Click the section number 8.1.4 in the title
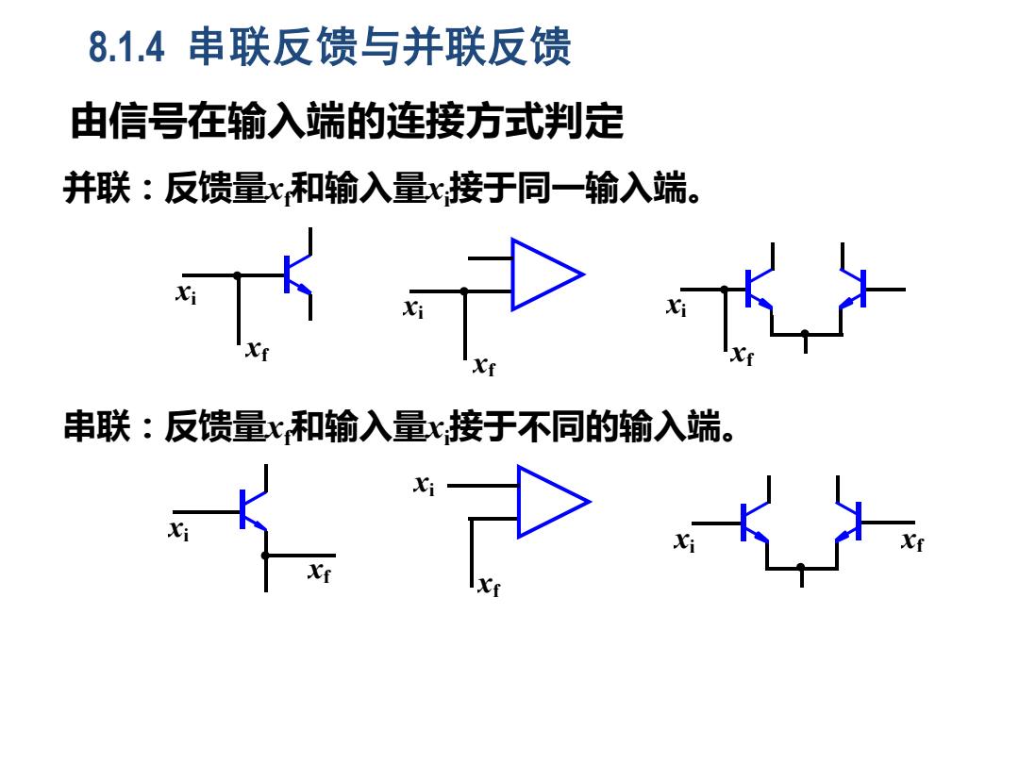pyautogui.click(x=126, y=47)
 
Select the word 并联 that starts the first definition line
pyautogui.click(x=97, y=188)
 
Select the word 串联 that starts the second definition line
pyautogui.click(x=97, y=426)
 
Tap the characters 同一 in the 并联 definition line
pyautogui.click(x=551, y=188)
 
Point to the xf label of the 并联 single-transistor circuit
pyautogui.click(x=258, y=350)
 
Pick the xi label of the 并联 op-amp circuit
pyautogui.click(x=413, y=307)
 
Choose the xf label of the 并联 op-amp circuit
pyautogui.click(x=484, y=366)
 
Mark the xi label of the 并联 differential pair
pyautogui.click(x=677, y=306)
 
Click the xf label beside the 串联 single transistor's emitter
pyautogui.click(x=319, y=572)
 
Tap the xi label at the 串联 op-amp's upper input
pyautogui.click(x=425, y=485)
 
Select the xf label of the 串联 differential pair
pyautogui.click(x=912, y=540)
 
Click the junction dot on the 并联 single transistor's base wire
pyautogui.click(x=238, y=275)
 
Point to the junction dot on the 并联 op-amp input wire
pyautogui.click(x=464, y=291)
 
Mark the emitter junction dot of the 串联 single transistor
pyautogui.click(x=265, y=556)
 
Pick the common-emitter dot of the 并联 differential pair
pyautogui.click(x=805, y=334)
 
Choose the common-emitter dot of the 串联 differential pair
pyautogui.click(x=801, y=567)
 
